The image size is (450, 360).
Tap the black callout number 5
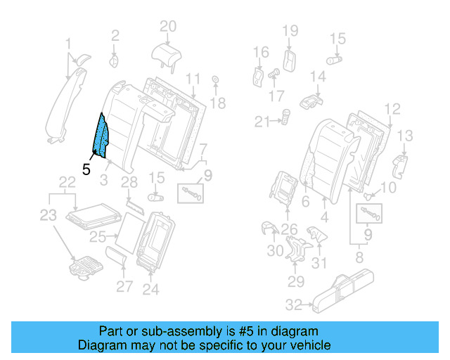[x=86, y=169]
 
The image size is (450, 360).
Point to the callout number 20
[x=167, y=27]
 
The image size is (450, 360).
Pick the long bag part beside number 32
[x=352, y=290]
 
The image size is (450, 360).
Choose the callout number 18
[x=218, y=103]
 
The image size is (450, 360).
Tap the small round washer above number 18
[x=214, y=79]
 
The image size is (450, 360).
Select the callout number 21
[x=262, y=122]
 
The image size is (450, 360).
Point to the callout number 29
[x=295, y=281]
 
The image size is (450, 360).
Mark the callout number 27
[x=124, y=286]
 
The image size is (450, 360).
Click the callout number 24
[x=150, y=288]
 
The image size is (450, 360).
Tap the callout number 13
[x=406, y=136]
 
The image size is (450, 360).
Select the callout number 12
[x=392, y=108]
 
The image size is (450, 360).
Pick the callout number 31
[x=320, y=264]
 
